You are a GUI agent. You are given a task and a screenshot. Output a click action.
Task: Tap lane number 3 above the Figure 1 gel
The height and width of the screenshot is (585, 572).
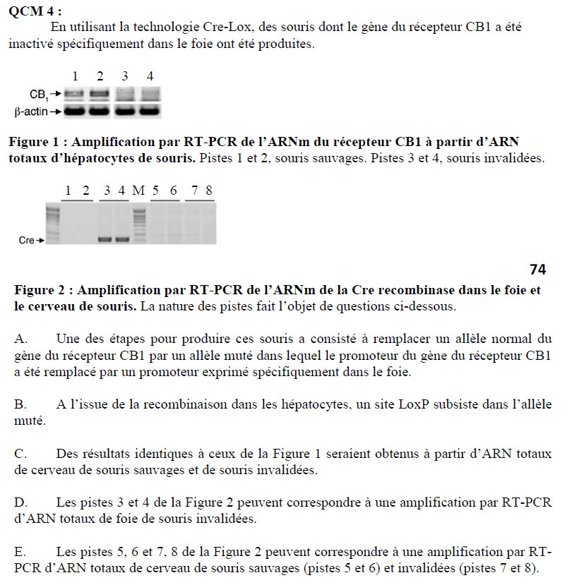(125, 76)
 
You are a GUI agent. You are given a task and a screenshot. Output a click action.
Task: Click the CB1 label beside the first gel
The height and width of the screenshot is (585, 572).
(38, 94)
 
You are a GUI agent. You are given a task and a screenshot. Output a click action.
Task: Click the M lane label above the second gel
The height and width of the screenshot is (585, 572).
(138, 191)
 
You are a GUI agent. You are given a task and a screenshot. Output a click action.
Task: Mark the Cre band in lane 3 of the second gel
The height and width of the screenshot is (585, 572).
(106, 239)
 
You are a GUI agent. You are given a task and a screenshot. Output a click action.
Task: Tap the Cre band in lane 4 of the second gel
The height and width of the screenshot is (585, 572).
(122, 239)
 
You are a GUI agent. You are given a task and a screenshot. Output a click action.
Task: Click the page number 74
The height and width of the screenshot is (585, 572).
(537, 269)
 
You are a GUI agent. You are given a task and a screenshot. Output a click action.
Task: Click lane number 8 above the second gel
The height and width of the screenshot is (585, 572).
(209, 191)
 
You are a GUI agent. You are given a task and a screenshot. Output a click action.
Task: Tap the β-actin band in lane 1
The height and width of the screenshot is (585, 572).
(75, 111)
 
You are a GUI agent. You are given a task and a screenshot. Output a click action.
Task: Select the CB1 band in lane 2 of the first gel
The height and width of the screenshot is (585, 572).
(100, 93)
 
